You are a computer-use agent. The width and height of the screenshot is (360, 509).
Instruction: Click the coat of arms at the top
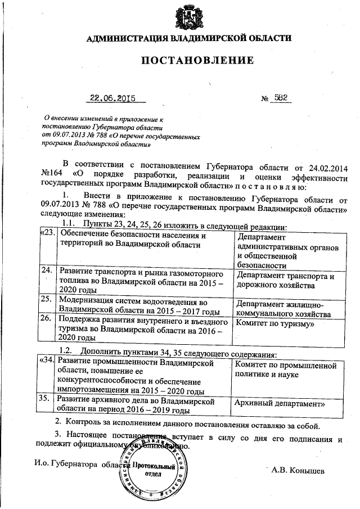pyautogui.click(x=188, y=16)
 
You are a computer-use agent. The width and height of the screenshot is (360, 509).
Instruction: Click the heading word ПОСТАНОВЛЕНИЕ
pyautogui.click(x=188, y=60)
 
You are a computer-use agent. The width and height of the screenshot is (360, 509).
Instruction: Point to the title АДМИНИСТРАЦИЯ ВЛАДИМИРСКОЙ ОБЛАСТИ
pyautogui.click(x=188, y=38)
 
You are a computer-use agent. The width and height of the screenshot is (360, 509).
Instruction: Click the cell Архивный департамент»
pyautogui.click(x=279, y=403)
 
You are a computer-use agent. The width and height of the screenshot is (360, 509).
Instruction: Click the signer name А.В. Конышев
pyautogui.click(x=298, y=469)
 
